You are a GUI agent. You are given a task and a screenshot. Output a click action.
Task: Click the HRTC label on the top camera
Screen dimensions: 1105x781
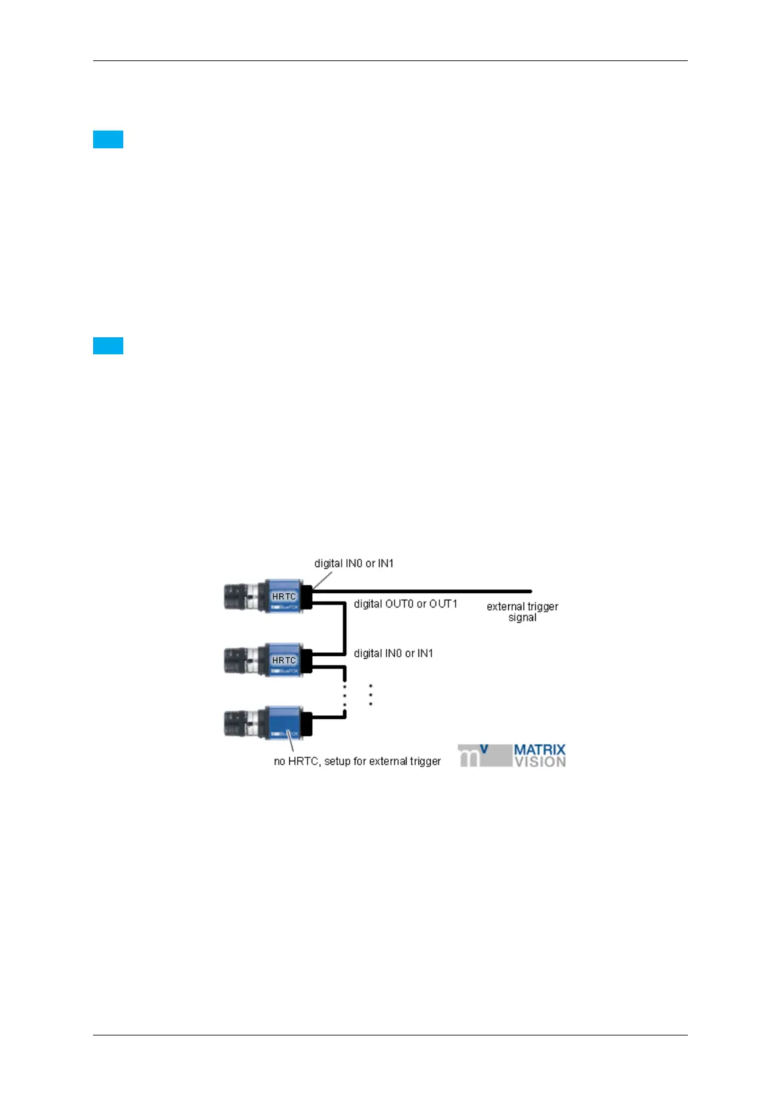pos(284,596)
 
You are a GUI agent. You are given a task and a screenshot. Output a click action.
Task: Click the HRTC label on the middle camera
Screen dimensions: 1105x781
pos(284,660)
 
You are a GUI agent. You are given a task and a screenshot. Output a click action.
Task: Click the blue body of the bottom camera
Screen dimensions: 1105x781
pos(283,723)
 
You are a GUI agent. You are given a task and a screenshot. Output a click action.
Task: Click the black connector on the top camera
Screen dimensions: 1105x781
pos(306,596)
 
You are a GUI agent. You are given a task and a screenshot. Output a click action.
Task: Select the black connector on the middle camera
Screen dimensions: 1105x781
pos(306,660)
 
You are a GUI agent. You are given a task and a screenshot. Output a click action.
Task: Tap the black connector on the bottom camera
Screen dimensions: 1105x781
pos(306,723)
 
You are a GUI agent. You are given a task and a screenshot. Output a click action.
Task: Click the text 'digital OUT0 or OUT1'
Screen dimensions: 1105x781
pos(405,604)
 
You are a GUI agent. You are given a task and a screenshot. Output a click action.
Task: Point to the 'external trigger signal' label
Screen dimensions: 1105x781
pos(522,612)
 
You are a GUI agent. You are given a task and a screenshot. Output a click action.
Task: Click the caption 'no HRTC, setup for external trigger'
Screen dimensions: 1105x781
pos(357,761)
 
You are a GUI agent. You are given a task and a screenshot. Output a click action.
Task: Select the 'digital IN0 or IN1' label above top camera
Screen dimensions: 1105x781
pos(353,563)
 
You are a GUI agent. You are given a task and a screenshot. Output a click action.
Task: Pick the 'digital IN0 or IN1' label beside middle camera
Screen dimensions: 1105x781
pos(393,654)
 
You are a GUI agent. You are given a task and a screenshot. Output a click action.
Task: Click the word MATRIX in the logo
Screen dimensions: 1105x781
pos(539,750)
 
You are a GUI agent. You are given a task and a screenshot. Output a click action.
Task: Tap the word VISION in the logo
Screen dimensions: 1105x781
pos(539,762)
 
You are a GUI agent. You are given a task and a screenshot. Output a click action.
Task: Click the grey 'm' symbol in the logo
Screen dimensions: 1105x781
pos(470,757)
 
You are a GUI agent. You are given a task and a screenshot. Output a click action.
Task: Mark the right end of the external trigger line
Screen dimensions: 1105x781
pos(530,591)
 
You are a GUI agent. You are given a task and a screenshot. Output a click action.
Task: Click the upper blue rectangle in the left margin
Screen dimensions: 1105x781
pos(108,140)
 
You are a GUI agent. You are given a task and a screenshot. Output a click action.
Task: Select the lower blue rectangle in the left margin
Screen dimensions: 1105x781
pos(108,346)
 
